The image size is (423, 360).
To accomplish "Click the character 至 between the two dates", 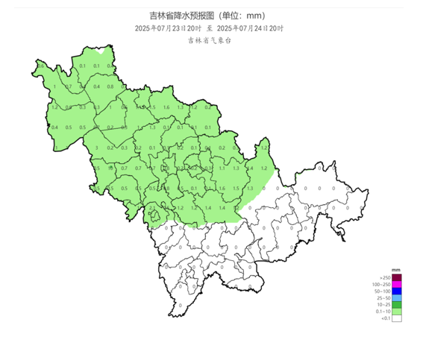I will (x=210, y=28).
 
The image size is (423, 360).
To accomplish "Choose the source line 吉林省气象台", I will (x=210, y=40).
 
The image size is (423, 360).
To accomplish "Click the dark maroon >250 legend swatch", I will (x=397, y=278).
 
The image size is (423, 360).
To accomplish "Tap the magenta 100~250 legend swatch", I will (x=397, y=285).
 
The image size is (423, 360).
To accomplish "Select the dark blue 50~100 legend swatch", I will (x=397, y=291).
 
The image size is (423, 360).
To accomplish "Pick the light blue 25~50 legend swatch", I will (x=397, y=298).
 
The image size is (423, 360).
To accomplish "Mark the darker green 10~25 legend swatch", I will (x=397, y=305).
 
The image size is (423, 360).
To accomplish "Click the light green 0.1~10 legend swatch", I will (x=397, y=312).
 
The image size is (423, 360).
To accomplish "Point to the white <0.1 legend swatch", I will (x=397, y=318).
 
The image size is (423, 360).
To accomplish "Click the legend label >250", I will (x=385, y=278).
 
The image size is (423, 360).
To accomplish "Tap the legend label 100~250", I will (x=381, y=285).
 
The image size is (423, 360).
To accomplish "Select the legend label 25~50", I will (x=383, y=298).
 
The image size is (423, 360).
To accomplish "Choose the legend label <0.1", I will (x=385, y=318).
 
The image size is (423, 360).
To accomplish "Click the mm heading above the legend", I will (x=396, y=270).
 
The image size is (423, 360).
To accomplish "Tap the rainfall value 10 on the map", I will (x=111, y=168).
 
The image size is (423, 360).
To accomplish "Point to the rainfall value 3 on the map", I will (x=96, y=148).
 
